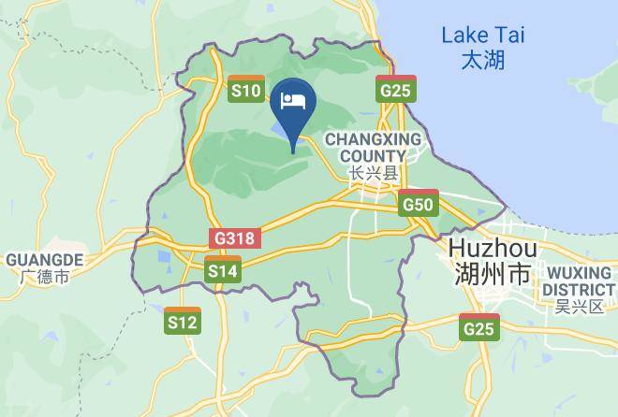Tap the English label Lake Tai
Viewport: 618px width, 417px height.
pyautogui.click(x=483, y=36)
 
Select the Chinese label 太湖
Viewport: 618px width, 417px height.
pyautogui.click(x=483, y=61)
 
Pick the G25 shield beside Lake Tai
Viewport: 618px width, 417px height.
pyautogui.click(x=395, y=89)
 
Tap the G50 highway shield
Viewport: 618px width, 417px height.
pyautogui.click(x=417, y=203)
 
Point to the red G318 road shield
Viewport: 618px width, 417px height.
pyautogui.click(x=233, y=237)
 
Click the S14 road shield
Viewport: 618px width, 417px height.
pyautogui.click(x=222, y=269)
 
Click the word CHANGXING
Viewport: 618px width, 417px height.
pyautogui.click(x=373, y=139)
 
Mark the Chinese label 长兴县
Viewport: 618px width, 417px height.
pyautogui.click(x=373, y=173)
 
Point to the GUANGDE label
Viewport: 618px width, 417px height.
pyautogui.click(x=45, y=259)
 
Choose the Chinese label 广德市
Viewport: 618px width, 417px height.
pyautogui.click(x=45, y=277)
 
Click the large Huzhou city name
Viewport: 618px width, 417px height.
pyautogui.click(x=493, y=250)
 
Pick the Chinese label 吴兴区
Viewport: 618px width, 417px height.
pyautogui.click(x=579, y=307)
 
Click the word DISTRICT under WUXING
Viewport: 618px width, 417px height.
pyautogui.click(x=579, y=289)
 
